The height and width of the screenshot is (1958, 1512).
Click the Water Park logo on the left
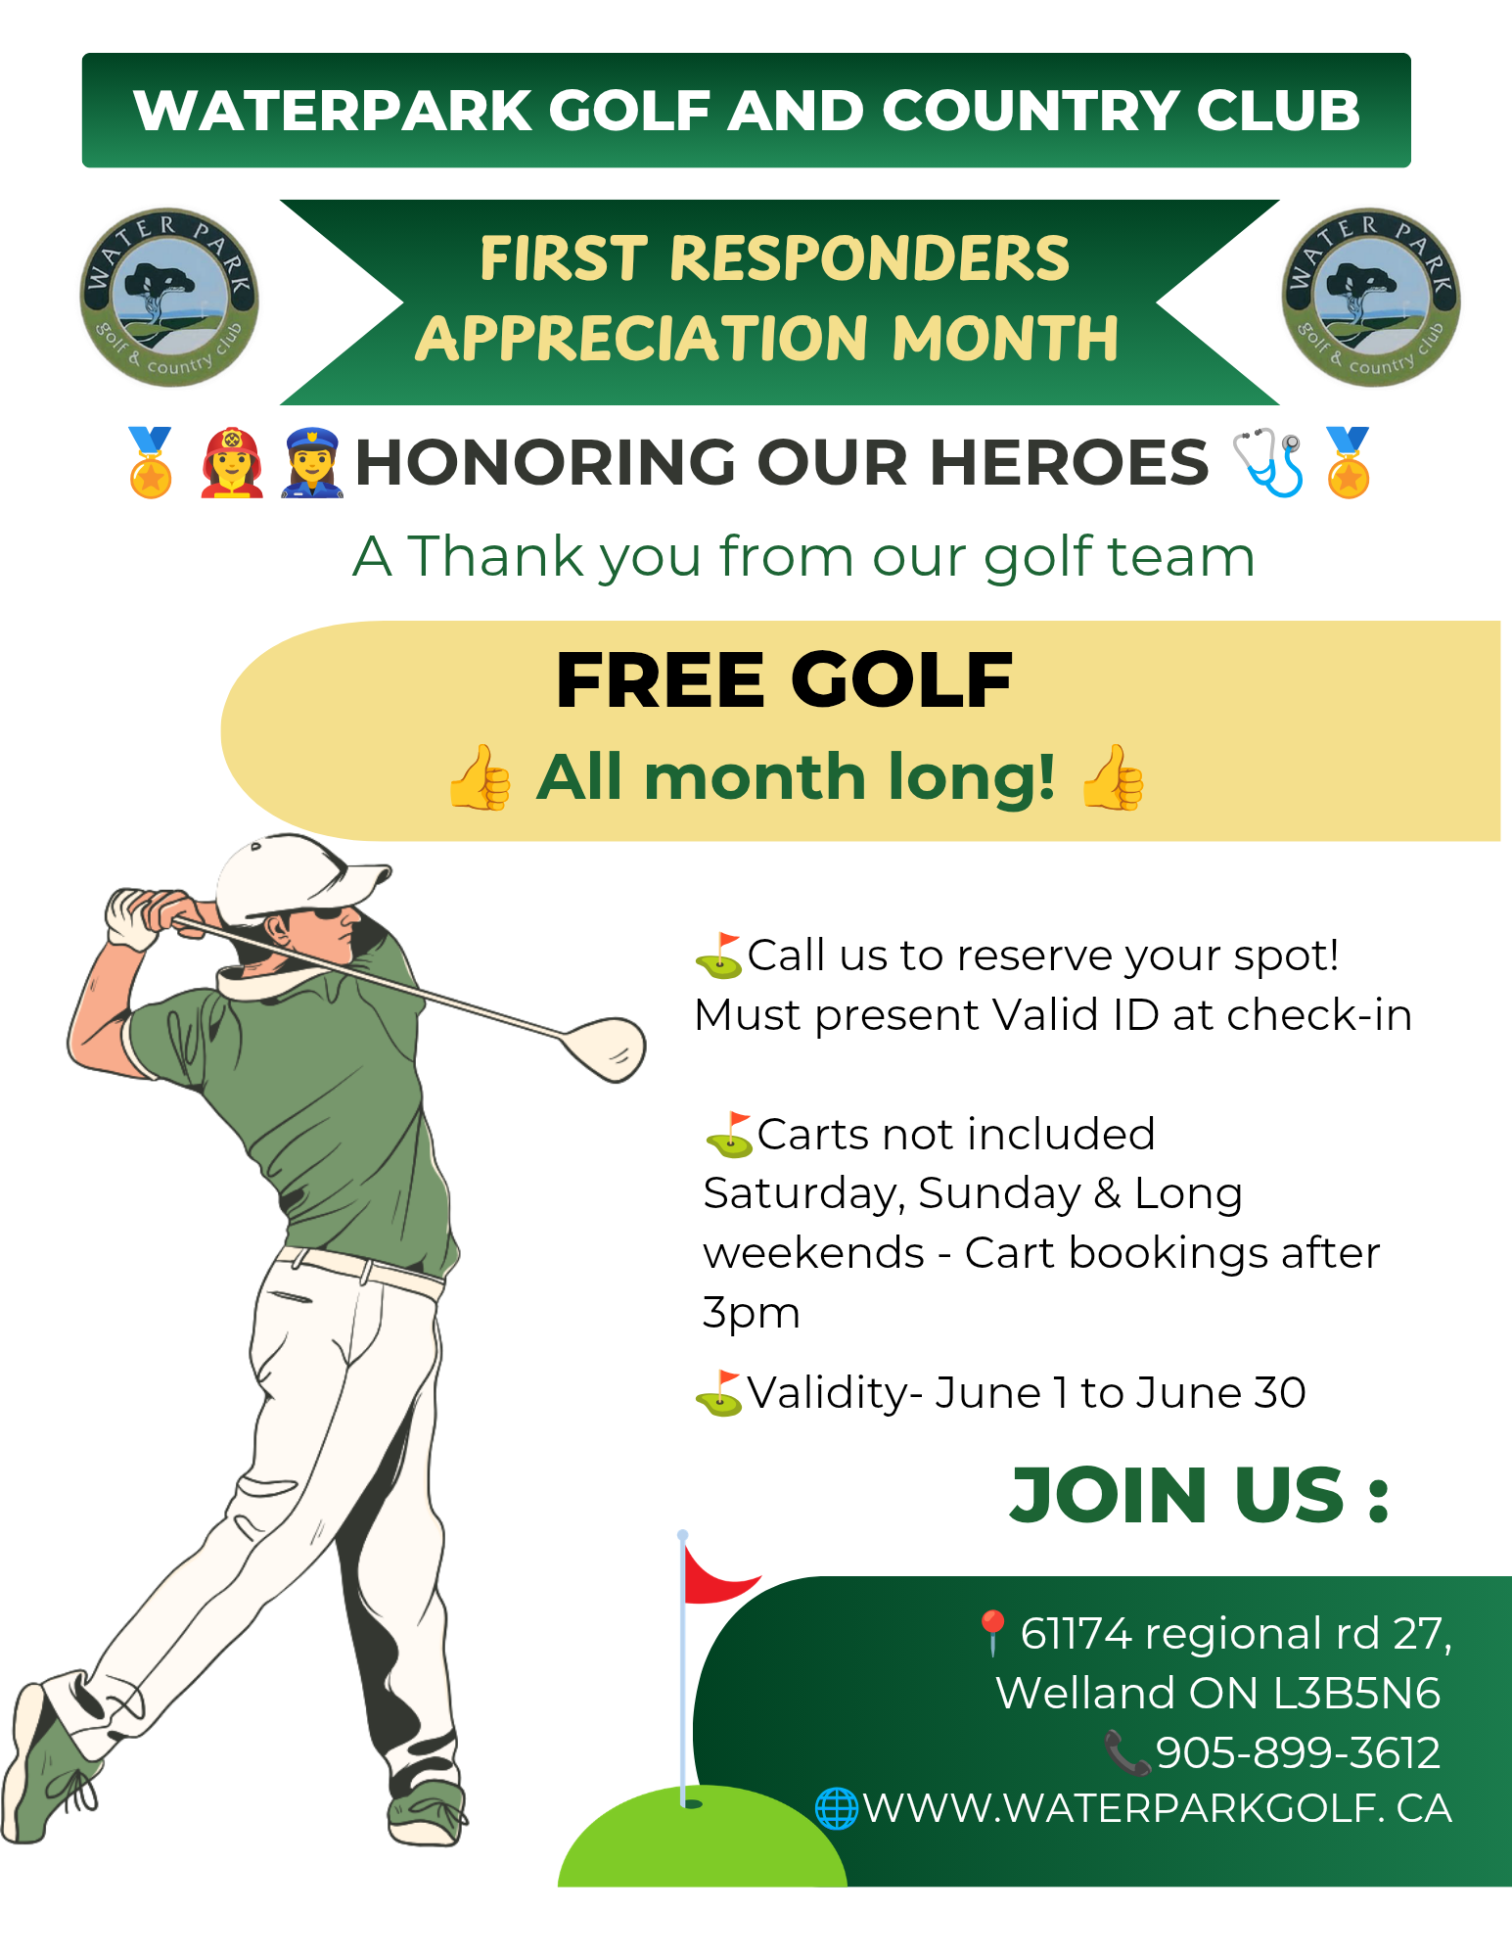(x=169, y=298)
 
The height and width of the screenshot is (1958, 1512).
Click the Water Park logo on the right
(x=1371, y=298)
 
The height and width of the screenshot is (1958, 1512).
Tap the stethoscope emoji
(x=1268, y=462)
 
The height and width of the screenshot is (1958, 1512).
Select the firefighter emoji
(x=232, y=463)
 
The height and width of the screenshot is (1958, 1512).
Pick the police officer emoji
(x=311, y=463)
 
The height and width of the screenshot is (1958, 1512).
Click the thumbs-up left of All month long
(x=480, y=777)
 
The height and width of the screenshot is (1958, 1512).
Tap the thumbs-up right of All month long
(x=1113, y=777)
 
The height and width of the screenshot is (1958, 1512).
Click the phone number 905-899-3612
(x=1298, y=1752)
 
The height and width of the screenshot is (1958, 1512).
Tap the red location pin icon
(x=992, y=1632)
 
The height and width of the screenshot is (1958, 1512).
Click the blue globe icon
(x=837, y=1808)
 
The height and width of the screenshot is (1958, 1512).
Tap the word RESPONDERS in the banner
(x=869, y=258)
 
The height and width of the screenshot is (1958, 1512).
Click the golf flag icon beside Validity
(x=719, y=1393)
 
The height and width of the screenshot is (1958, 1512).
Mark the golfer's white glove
(x=135, y=917)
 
